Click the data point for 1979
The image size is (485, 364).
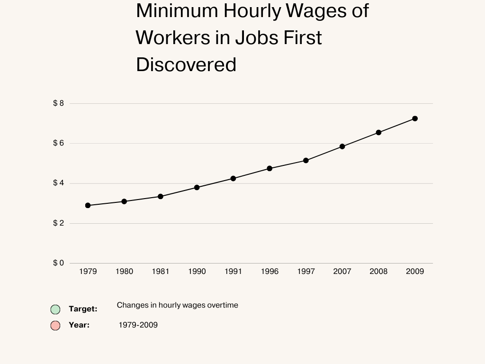click(x=88, y=205)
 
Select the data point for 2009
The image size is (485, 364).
click(x=415, y=118)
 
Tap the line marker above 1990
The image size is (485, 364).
click(x=197, y=187)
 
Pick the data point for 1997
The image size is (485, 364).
click(x=306, y=161)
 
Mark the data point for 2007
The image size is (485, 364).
click(x=342, y=146)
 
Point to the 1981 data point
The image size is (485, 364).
click(x=161, y=196)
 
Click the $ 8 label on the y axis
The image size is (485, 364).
click(x=58, y=103)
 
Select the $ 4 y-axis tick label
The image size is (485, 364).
click(x=58, y=183)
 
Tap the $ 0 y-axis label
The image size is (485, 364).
click(x=58, y=263)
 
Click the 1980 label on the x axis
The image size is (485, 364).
click(x=124, y=272)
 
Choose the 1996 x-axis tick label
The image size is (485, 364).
click(x=269, y=272)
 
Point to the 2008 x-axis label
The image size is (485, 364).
click(x=378, y=272)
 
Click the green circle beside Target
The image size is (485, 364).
click(x=55, y=309)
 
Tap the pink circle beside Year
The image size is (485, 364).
click(x=55, y=326)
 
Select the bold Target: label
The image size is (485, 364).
click(x=83, y=309)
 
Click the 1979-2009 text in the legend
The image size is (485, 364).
click(x=138, y=325)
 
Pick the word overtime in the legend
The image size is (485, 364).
click(x=222, y=305)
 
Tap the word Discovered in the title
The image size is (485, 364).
click(x=186, y=65)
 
